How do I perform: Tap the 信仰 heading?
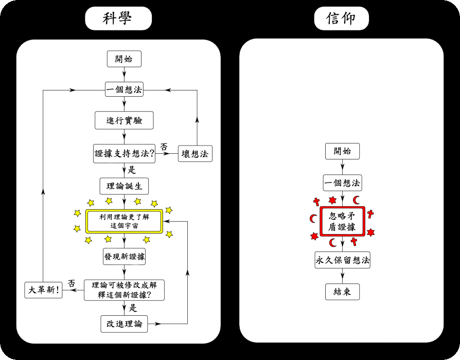[341, 18]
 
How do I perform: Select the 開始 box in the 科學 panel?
[124, 59]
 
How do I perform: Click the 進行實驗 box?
[124, 120]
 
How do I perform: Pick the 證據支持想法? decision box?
[125, 153]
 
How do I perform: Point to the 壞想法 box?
[195, 153]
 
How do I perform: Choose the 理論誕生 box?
[124, 186]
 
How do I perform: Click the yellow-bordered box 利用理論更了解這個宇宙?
[124, 221]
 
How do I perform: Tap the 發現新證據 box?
[124, 257]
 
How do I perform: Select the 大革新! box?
[43, 290]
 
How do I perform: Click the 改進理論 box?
[124, 324]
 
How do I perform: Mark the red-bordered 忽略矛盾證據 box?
[342, 221]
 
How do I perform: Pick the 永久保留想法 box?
[342, 260]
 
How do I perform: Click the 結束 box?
[342, 292]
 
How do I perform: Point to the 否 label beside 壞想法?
[164, 147]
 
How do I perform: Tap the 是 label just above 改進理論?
[133, 308]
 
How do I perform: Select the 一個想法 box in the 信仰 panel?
[342, 183]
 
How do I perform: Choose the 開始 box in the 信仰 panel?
[342, 151]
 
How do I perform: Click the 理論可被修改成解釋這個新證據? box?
[124, 290]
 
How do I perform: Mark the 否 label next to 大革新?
[72, 283]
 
